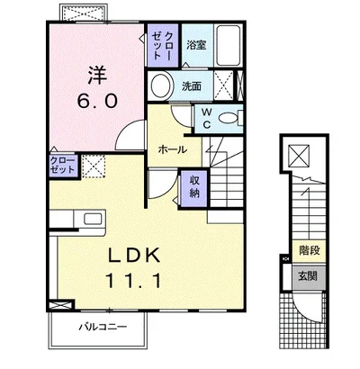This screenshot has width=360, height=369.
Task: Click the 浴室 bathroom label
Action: tap(196, 45)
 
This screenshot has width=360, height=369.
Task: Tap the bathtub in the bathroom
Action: tap(229, 46)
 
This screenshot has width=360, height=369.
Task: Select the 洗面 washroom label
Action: tap(192, 86)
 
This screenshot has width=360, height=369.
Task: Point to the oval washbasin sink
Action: tap(161, 85)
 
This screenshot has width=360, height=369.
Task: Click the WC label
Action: tap(206, 118)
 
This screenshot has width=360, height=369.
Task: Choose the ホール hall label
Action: tap(173, 149)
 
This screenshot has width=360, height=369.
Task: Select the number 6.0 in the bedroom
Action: tap(97, 101)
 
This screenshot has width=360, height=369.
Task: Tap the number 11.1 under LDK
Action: tap(134, 281)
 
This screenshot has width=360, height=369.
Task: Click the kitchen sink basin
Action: tap(93, 219)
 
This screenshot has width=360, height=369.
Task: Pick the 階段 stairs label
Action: tap(309, 250)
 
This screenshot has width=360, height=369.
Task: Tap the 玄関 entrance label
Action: tap(308, 275)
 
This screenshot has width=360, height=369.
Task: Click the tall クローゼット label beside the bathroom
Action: tap(162, 45)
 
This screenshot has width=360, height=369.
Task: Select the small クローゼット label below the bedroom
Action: tap(62, 165)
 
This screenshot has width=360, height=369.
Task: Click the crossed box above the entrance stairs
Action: tap(299, 156)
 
